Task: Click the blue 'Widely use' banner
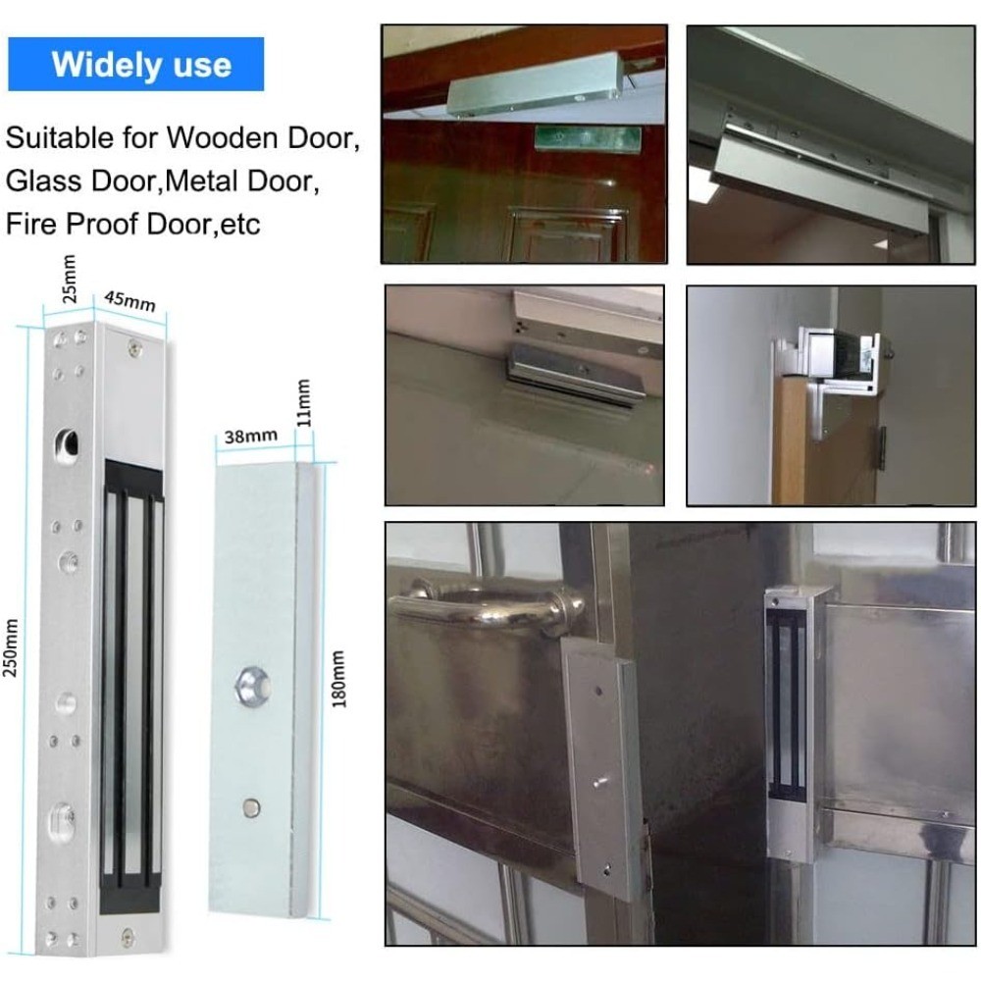click(x=135, y=64)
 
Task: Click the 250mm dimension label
click(x=11, y=648)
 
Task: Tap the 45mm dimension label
click(x=129, y=301)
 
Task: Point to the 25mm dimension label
click(x=69, y=279)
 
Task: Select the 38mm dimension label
click(x=250, y=436)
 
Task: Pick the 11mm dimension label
click(x=303, y=403)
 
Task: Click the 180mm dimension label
click(x=337, y=679)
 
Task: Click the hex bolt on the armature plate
click(x=253, y=687)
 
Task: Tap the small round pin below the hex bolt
click(x=251, y=807)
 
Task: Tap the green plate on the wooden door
click(x=588, y=139)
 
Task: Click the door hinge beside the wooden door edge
click(x=882, y=448)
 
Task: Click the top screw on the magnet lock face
click(x=134, y=347)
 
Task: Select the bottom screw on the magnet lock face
click(x=128, y=937)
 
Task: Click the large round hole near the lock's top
click(x=67, y=444)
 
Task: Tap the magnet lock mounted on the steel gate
click(x=790, y=723)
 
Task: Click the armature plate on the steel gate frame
click(x=602, y=766)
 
